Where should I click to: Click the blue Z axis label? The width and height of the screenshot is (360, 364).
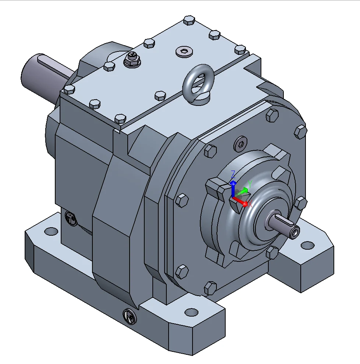point(233,174)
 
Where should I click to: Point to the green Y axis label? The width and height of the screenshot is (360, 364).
point(250,184)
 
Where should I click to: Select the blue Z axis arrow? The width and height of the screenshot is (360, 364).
point(233,188)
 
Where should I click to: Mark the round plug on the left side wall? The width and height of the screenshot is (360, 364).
point(70,218)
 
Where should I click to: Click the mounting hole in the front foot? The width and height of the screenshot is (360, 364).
point(191,312)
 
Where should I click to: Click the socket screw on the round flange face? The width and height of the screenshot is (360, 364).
point(240,144)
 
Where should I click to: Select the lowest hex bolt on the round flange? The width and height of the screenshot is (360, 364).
point(210,288)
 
